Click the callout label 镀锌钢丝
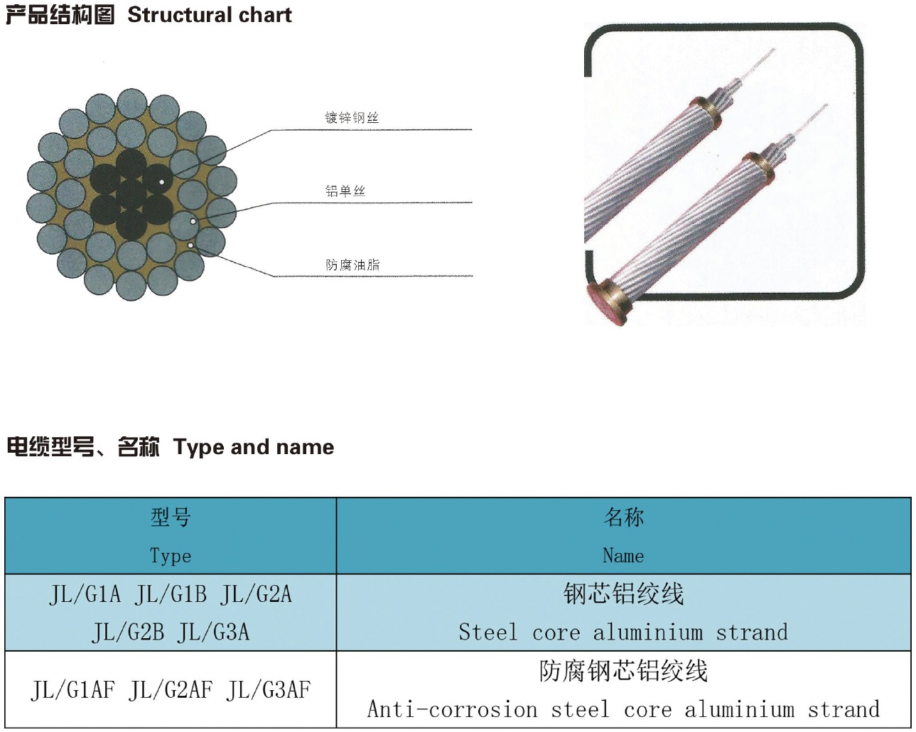(x=352, y=117)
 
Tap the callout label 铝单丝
(x=345, y=190)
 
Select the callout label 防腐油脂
(x=352, y=265)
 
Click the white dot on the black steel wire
(x=162, y=182)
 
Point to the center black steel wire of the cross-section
(x=131, y=195)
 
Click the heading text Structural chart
(x=210, y=15)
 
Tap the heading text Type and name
(x=254, y=448)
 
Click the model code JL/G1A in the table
(x=85, y=594)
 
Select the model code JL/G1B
(x=171, y=594)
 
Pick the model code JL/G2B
(x=128, y=632)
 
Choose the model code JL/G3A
(x=214, y=632)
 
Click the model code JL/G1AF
(x=72, y=690)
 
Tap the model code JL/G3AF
(x=268, y=690)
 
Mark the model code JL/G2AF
(x=171, y=690)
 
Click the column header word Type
(x=171, y=556)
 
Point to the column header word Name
(x=623, y=556)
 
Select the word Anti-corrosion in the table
(x=453, y=709)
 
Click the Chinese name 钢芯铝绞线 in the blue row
(x=624, y=593)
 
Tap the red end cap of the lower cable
(x=603, y=303)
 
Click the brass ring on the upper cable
(x=706, y=112)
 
